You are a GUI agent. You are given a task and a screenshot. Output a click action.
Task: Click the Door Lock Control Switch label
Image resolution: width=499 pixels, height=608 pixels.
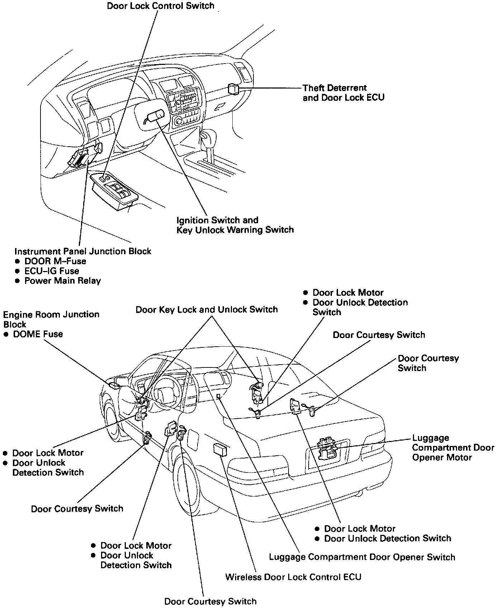(x=161, y=6)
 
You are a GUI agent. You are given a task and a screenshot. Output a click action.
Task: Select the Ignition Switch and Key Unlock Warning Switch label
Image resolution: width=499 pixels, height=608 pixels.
(x=235, y=225)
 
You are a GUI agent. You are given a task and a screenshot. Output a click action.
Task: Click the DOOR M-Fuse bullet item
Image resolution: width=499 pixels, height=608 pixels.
(x=55, y=261)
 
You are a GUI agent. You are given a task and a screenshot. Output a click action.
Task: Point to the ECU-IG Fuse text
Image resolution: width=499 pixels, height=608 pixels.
(x=51, y=271)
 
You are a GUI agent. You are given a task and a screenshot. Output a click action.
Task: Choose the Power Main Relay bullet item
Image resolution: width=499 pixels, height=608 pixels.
(x=62, y=281)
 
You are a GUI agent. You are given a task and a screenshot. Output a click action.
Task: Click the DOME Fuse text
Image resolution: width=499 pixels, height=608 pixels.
(x=38, y=334)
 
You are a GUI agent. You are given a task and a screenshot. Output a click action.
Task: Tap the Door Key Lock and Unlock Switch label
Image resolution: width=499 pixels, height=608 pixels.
(x=206, y=309)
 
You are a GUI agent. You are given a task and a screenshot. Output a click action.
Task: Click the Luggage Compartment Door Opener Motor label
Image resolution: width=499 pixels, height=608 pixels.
(x=452, y=447)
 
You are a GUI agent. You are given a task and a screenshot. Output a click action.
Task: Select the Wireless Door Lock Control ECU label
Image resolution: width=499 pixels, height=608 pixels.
(x=293, y=577)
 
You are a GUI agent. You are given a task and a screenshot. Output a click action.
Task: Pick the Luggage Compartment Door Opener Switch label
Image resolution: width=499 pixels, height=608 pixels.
(x=362, y=557)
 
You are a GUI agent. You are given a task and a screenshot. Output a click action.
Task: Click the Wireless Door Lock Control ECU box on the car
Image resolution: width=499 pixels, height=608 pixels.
(x=219, y=449)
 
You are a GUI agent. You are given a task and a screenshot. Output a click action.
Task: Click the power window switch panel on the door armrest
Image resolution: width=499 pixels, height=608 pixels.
(x=114, y=190)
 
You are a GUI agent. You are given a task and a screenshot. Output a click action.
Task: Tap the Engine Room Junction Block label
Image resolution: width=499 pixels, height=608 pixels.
(x=51, y=319)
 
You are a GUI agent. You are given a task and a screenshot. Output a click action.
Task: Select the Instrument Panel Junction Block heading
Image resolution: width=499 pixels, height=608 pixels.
(x=83, y=251)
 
